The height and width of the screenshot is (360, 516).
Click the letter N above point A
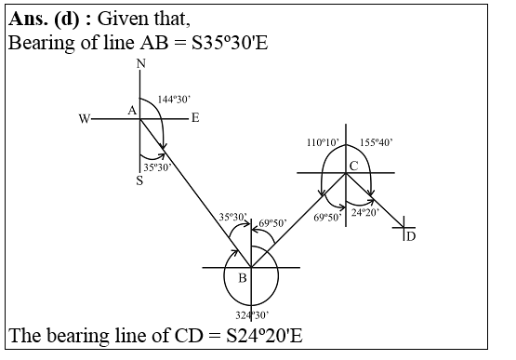coord(140,63)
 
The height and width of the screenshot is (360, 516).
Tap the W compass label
coord(85,119)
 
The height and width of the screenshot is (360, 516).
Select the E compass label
coord(195,118)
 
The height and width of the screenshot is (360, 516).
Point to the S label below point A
coord(139,181)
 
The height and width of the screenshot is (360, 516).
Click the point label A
coord(131,111)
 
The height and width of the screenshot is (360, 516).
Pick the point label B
coord(242,277)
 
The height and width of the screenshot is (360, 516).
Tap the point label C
coord(353,166)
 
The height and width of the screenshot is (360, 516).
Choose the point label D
coord(411,236)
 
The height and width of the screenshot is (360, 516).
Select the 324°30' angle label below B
coord(251,315)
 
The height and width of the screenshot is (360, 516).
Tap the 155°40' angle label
coord(377,142)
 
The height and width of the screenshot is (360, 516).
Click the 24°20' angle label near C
coord(365,211)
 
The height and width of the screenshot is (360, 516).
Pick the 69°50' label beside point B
coord(272,222)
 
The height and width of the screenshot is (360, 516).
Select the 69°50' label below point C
coord(327,217)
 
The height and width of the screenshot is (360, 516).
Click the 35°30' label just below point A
coord(158,167)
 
